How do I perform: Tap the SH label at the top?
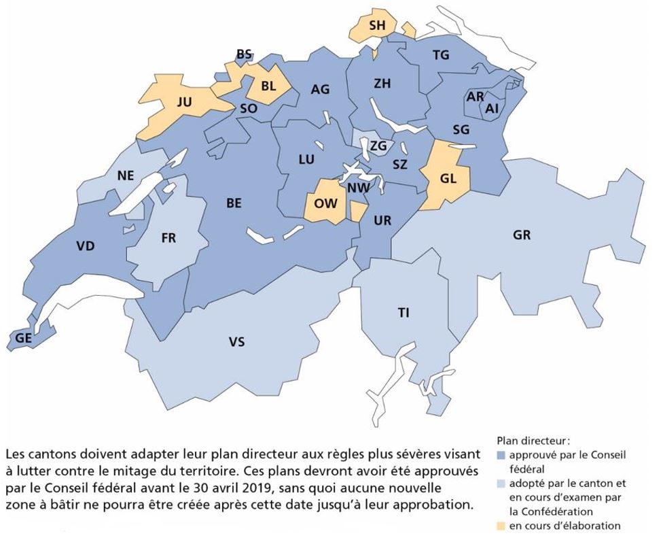[x=377, y=25]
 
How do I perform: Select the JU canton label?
[x=184, y=102]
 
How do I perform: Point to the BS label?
[x=244, y=54]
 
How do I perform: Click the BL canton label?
[x=268, y=86]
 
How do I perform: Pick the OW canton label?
[x=325, y=202]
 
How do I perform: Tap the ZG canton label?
[x=378, y=146]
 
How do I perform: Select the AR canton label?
[x=475, y=97]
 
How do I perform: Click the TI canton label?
[x=404, y=313]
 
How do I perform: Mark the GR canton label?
[x=522, y=235]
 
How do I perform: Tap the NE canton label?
[x=125, y=175]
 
